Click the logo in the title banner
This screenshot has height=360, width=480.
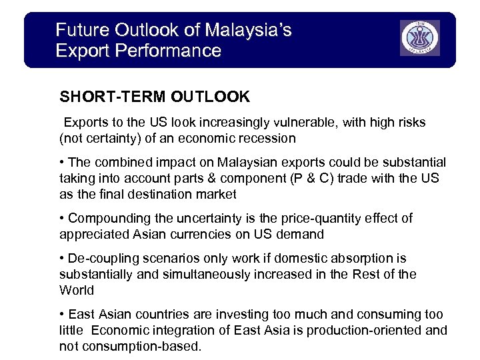click(419, 38)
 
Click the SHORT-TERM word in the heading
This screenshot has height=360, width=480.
click(112, 97)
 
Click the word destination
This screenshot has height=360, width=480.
click(161, 195)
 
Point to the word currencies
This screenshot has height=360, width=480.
click(204, 235)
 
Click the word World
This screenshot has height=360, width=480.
click(77, 291)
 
